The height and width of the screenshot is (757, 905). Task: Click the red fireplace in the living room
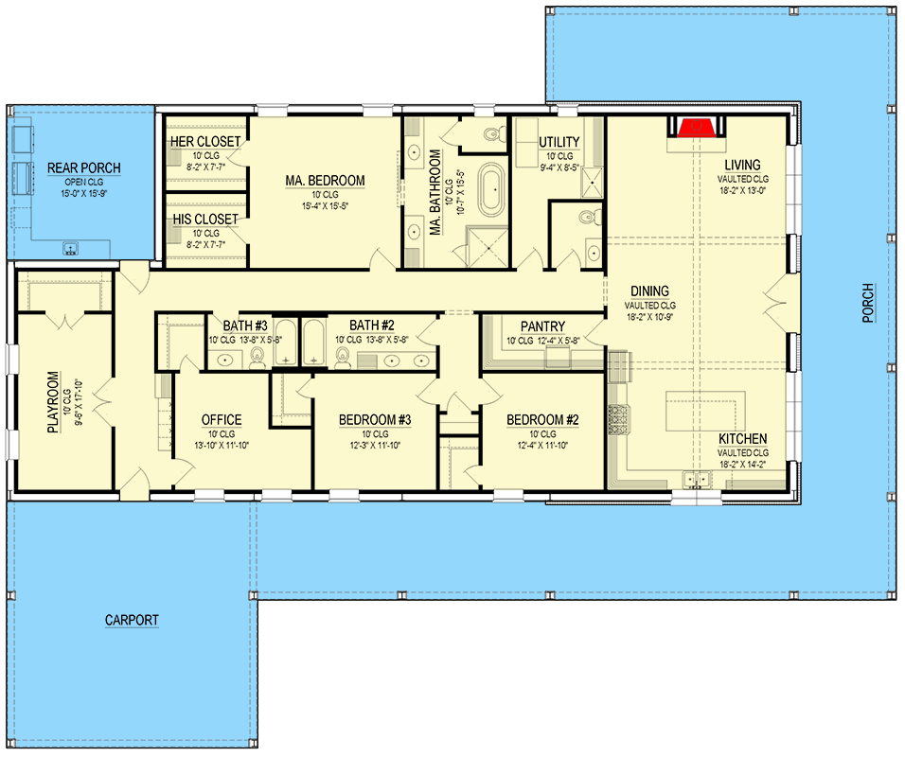(697, 128)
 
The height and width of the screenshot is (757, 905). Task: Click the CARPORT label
(132, 621)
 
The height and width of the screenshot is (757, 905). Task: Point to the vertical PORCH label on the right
(867, 304)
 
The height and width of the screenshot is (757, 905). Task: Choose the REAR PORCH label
(84, 169)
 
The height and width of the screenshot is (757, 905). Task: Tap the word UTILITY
(559, 142)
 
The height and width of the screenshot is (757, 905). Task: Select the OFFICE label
(222, 420)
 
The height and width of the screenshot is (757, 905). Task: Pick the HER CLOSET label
(204, 142)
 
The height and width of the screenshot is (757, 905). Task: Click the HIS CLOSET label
(204, 220)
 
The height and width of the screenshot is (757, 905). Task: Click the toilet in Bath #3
(256, 357)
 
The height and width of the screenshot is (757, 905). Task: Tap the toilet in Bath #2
(342, 357)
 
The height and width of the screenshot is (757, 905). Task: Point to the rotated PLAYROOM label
(53, 400)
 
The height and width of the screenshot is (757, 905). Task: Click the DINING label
(649, 291)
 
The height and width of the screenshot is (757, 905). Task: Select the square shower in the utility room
(591, 183)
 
